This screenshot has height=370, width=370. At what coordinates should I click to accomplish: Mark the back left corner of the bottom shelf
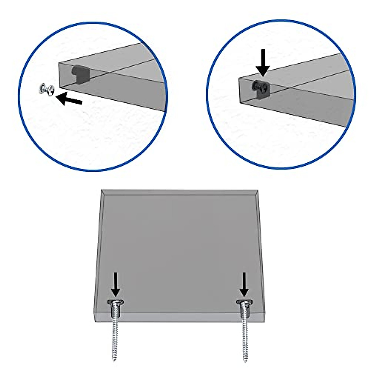(102, 191)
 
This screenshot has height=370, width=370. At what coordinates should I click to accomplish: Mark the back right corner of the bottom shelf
(258, 191)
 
